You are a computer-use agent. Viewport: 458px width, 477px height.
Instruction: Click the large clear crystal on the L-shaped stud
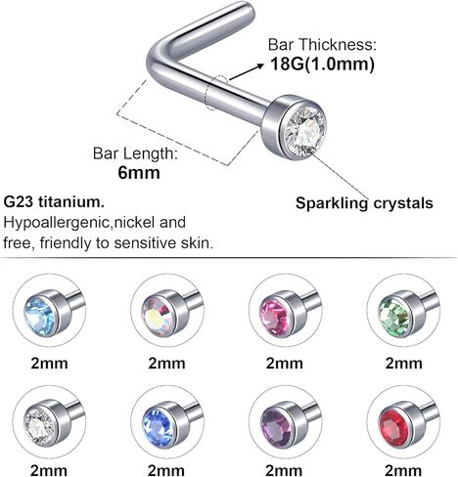click(304, 129)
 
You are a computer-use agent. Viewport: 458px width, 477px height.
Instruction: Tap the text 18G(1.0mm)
click(322, 65)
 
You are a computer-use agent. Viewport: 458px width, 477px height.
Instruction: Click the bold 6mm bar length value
click(139, 172)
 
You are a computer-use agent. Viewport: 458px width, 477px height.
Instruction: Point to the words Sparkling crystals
click(364, 203)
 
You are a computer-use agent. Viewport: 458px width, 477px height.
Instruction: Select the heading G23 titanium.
click(54, 202)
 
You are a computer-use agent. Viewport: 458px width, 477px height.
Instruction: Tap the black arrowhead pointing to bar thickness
click(260, 65)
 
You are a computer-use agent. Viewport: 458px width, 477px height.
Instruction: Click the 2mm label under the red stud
click(403, 470)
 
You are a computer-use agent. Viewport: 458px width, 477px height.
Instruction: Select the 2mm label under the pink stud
click(284, 363)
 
